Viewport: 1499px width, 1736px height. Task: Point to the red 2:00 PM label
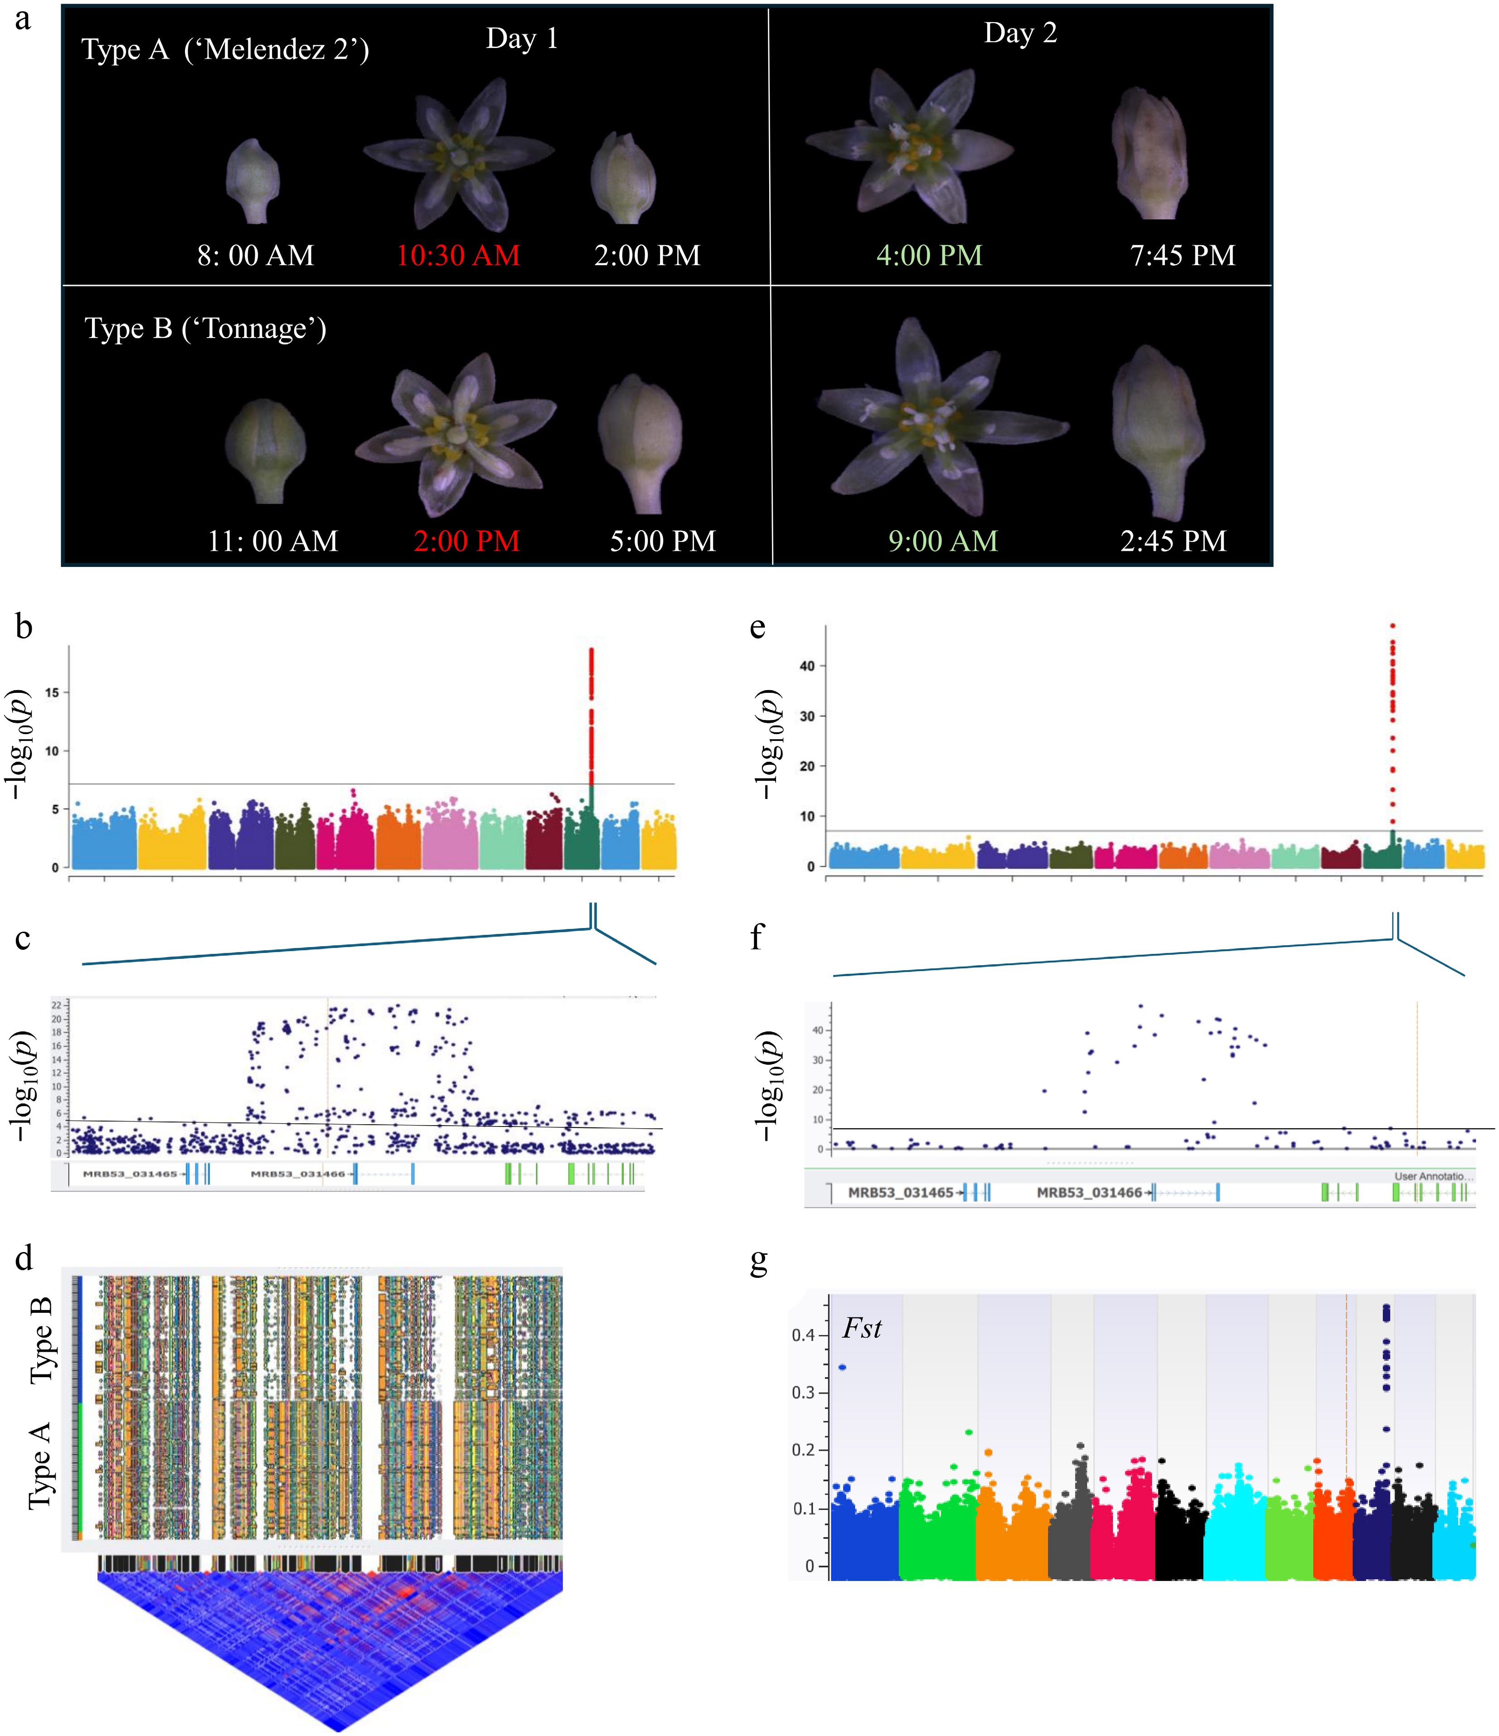[x=467, y=541]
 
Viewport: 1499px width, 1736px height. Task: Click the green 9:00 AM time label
[x=943, y=541]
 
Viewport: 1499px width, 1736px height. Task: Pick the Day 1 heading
[x=522, y=39]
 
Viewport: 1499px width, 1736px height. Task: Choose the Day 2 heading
[x=1020, y=34]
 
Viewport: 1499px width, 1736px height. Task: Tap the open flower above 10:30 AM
[x=458, y=155]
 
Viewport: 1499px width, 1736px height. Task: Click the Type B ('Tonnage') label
[x=205, y=329]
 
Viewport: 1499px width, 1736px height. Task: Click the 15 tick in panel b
[x=52, y=693]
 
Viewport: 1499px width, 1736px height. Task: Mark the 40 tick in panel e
[x=807, y=666]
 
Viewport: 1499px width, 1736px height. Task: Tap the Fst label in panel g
[x=862, y=1329]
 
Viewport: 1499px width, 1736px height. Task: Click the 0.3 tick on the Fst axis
[x=803, y=1393]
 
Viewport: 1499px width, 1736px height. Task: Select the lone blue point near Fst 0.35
[x=842, y=1367]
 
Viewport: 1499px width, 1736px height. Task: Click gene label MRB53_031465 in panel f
[x=901, y=1192]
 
